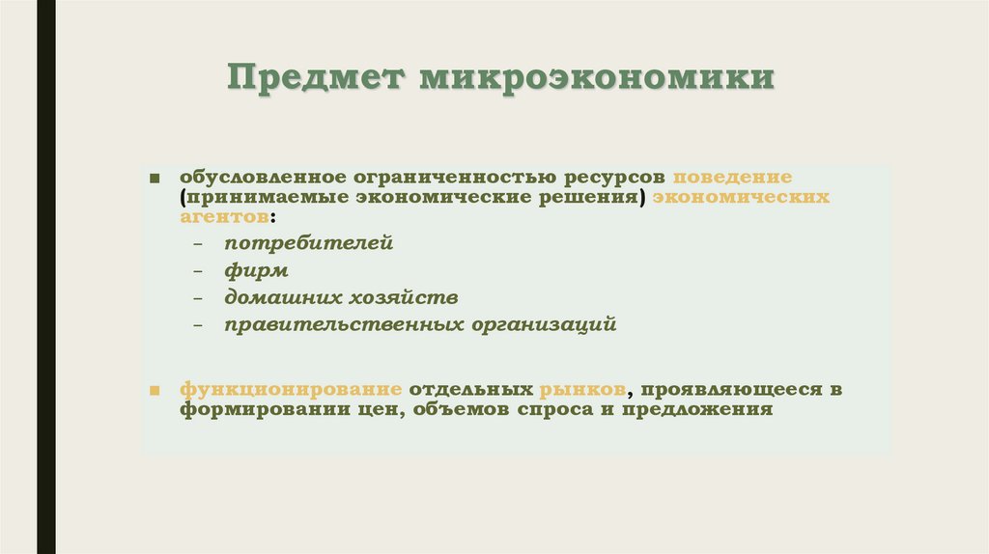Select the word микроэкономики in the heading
596,78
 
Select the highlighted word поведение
733,180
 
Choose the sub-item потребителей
310,243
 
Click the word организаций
544,325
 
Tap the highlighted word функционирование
291,390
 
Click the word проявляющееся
726,390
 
